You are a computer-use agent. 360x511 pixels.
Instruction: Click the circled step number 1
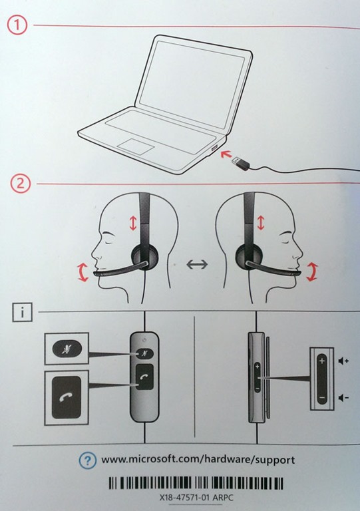tap(17, 25)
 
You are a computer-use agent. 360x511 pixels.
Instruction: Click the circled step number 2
tap(21, 184)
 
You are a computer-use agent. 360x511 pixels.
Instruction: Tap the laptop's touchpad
tap(136, 146)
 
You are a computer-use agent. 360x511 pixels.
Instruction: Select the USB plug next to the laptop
tap(241, 162)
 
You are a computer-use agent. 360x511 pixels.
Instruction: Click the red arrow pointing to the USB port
tap(226, 154)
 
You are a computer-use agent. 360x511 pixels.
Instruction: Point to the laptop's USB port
tap(214, 148)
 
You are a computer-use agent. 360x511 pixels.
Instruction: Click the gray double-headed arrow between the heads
tap(197, 264)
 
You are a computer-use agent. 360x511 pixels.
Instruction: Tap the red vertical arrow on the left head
tap(133, 223)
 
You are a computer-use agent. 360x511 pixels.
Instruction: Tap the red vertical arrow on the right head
tap(260, 223)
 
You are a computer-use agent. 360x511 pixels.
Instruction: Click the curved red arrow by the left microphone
tap(82, 272)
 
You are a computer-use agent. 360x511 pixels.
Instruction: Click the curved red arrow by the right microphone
tap(312, 271)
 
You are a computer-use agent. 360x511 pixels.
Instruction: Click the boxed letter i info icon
tap(22, 312)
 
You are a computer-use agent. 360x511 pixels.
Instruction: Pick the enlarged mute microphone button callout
tap(67, 349)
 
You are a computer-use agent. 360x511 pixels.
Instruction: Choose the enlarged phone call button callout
tap(67, 398)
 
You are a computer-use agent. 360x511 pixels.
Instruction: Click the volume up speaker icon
tap(343, 361)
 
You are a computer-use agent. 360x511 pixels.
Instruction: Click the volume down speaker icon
tap(343, 398)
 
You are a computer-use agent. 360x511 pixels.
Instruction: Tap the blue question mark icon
tap(87, 460)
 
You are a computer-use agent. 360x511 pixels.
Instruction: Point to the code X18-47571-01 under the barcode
tap(185, 498)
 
